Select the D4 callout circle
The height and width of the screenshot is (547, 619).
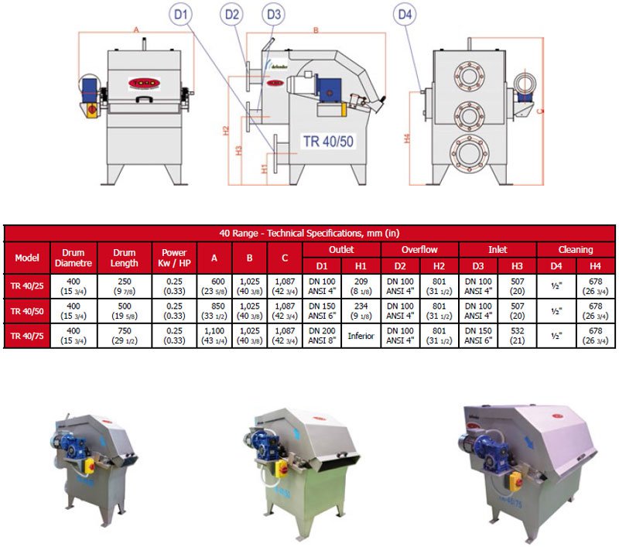403,14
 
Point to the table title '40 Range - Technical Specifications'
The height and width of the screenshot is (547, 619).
309,232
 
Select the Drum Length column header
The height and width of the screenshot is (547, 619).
125,258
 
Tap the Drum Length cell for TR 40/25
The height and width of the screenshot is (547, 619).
125,286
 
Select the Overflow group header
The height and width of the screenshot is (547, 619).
419,249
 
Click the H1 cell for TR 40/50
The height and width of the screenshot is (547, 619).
361,311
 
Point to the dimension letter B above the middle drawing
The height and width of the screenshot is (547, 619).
316,30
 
